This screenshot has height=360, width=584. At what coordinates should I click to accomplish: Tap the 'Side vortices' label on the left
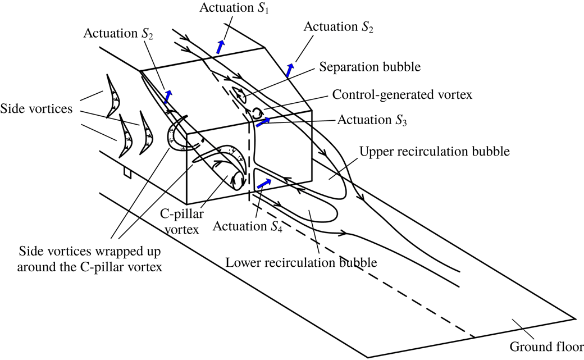coord(36,108)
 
